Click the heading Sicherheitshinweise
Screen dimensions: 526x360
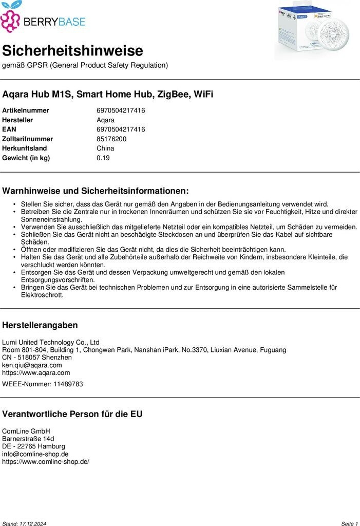click(72, 51)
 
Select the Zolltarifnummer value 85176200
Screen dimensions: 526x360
click(111, 139)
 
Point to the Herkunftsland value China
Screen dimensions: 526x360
click(105, 148)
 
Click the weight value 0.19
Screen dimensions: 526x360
click(103, 158)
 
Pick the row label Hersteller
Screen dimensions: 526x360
click(18, 120)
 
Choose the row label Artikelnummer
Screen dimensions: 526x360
click(26, 110)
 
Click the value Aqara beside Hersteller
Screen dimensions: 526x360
click(105, 120)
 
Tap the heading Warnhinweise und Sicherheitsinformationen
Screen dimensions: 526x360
click(96, 191)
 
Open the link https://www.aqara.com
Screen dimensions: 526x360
click(36, 372)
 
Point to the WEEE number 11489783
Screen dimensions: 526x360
click(68, 384)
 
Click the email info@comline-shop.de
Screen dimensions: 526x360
click(35, 454)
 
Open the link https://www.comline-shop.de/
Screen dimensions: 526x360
click(46, 461)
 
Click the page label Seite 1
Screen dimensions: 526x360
click(349, 523)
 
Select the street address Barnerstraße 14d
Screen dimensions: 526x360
click(28, 439)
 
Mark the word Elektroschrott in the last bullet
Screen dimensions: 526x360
click(42, 295)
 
